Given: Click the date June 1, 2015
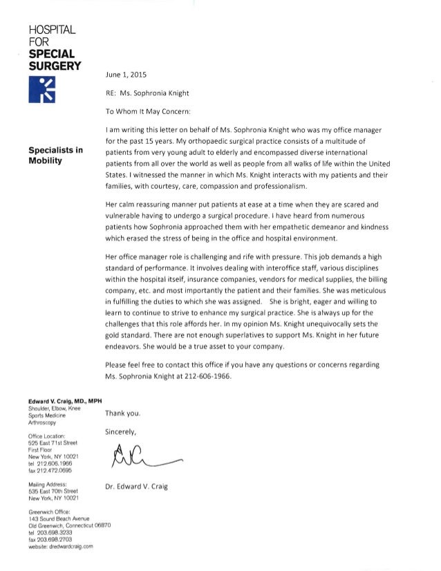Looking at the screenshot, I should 125,73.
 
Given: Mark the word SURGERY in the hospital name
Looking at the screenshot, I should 53,66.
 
